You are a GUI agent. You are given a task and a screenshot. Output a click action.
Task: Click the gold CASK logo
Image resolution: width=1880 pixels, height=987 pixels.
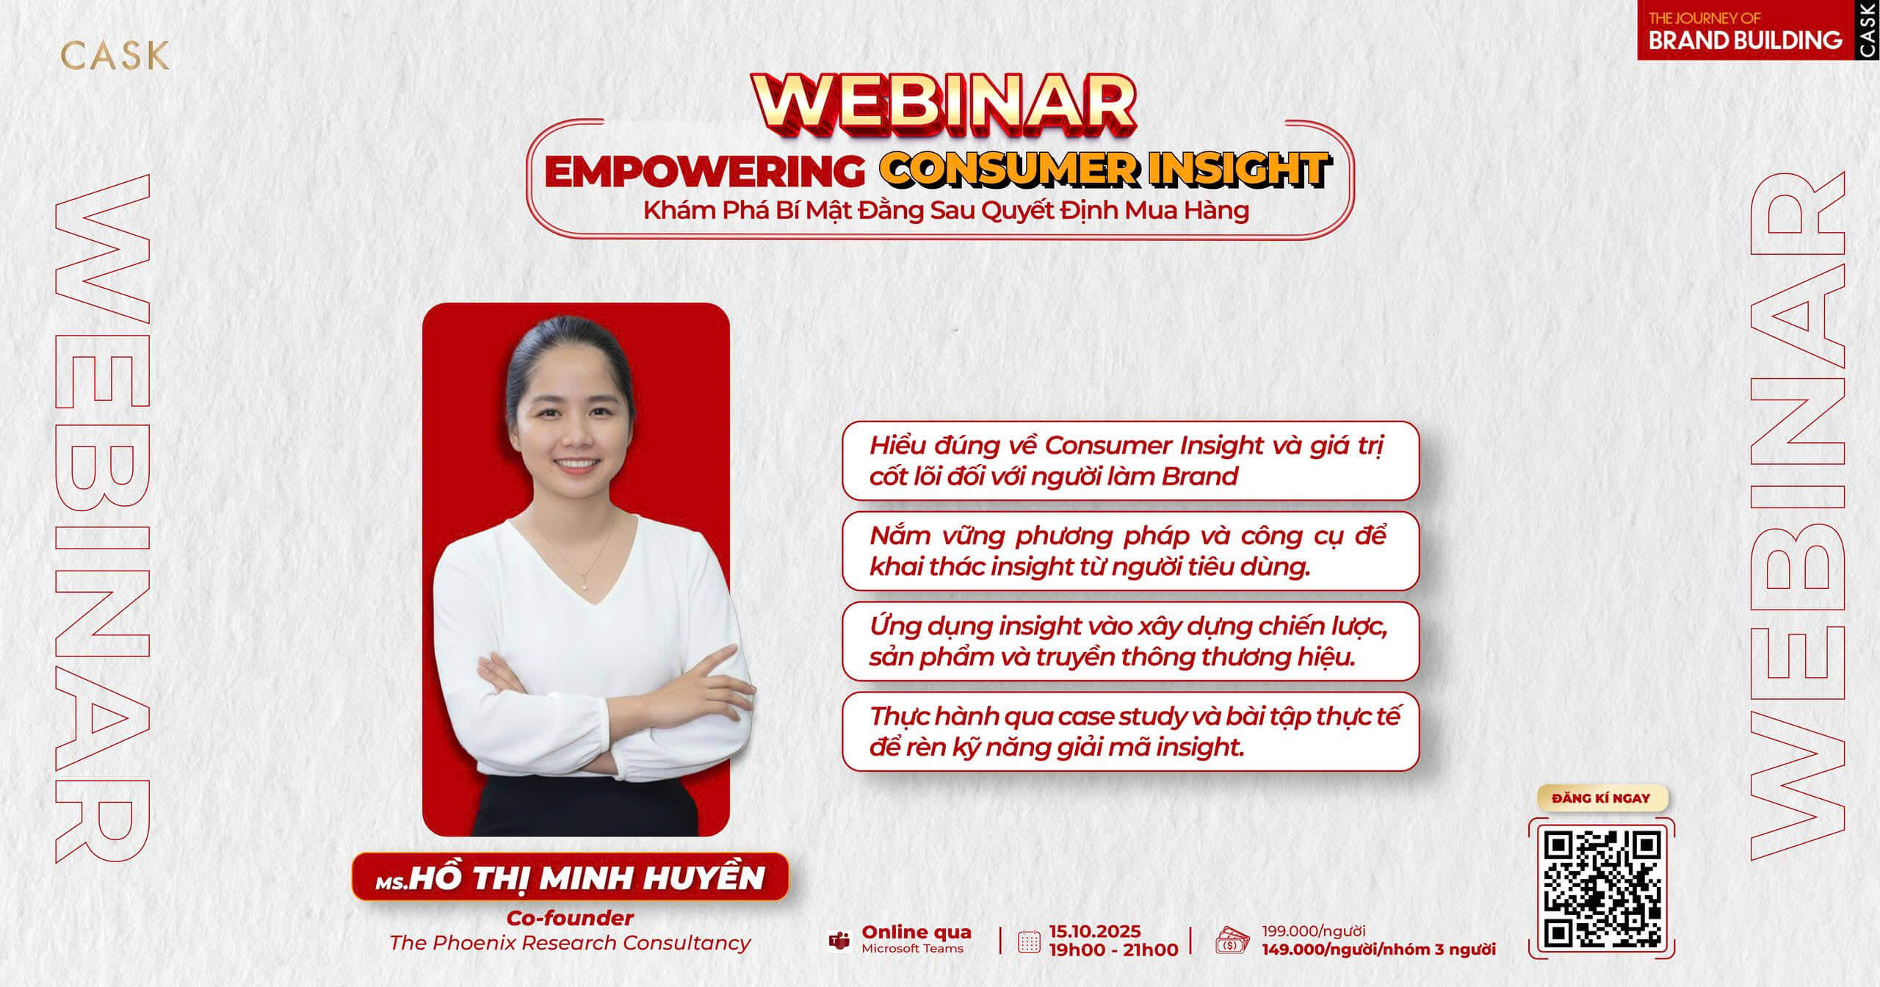115,55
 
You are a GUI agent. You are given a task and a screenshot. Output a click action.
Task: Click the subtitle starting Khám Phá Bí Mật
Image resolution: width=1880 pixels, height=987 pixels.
946,211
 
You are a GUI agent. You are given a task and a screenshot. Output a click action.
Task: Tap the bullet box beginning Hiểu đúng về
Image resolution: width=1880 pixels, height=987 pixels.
1130,460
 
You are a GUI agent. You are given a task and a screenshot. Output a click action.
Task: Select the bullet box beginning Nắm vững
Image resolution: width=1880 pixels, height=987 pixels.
1130,551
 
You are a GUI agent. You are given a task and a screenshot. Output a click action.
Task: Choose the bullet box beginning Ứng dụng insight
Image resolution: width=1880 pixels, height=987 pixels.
1130,641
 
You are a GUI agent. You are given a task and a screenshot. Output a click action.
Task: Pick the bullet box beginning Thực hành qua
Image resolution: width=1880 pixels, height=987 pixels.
1130,731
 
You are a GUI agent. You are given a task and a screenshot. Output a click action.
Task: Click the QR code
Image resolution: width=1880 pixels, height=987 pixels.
1601,889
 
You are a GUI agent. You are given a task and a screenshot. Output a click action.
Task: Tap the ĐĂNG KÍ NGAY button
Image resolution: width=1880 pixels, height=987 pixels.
1601,798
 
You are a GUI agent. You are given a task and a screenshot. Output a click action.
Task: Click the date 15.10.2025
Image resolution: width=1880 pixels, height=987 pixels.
1095,931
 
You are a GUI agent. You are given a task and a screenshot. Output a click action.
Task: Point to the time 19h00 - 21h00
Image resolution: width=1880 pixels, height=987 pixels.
1113,950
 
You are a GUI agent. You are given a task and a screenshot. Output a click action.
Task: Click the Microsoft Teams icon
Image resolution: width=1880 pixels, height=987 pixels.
839,941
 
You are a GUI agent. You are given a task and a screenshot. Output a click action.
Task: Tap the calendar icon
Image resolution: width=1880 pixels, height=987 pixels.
1030,941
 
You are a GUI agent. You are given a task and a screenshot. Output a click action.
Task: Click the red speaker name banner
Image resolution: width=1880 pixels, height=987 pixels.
570,877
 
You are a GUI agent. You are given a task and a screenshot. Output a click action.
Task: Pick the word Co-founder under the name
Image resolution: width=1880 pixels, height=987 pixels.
570,918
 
